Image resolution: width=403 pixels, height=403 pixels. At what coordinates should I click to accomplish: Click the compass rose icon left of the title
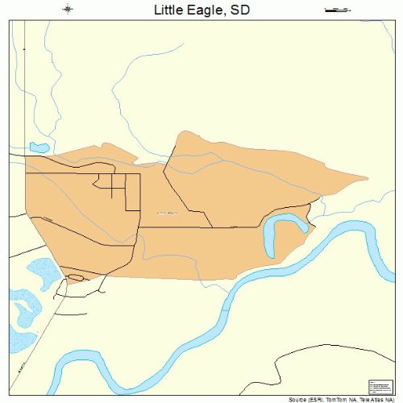click(68, 9)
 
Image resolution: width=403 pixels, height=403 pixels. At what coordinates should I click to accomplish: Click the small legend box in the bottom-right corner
click(378, 386)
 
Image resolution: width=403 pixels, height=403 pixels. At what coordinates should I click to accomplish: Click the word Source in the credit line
click(299, 399)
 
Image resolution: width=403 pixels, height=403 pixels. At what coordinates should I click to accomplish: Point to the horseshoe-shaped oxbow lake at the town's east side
click(278, 234)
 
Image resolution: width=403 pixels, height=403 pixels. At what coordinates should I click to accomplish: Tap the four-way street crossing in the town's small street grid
click(112, 188)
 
